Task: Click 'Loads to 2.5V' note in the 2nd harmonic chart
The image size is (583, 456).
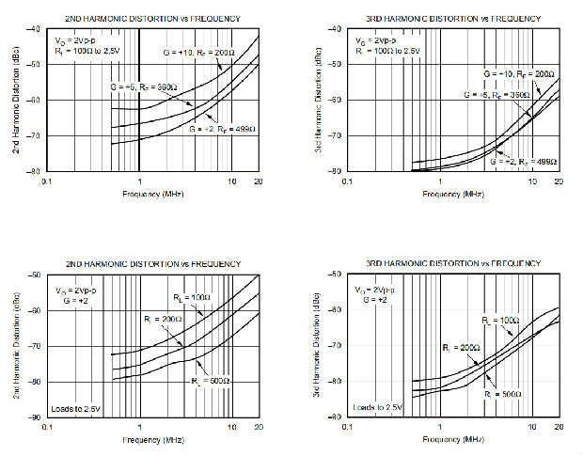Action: (x=77, y=406)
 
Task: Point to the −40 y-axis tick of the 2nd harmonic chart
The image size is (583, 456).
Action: (x=35, y=29)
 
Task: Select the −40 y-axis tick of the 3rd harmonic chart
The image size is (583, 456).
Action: (x=334, y=29)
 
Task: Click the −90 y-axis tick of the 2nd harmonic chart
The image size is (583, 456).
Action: (x=35, y=417)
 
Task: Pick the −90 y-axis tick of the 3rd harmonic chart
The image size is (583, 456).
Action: (x=334, y=417)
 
